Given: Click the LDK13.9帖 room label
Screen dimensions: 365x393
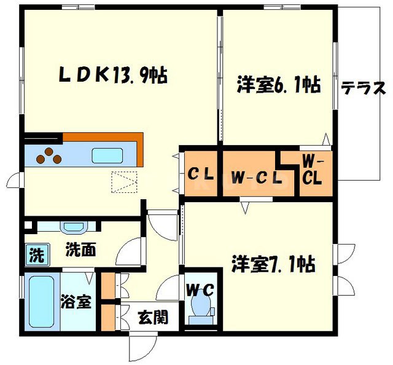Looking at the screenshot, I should [114, 75].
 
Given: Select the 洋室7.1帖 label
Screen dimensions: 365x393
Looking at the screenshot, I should [273, 265].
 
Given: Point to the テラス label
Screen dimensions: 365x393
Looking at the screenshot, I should [363, 88].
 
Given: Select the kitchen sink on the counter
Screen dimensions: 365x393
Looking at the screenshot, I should [108, 155].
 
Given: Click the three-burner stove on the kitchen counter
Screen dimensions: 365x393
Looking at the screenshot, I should [49, 157].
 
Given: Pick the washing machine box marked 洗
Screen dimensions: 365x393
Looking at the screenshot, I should [36, 255].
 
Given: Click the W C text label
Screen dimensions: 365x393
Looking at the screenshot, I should [200, 289].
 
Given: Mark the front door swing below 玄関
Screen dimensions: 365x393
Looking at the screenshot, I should [140, 347].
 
